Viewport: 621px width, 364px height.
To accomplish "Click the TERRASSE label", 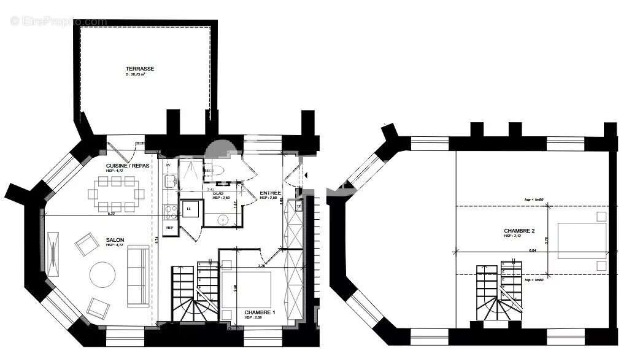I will tap(139, 69).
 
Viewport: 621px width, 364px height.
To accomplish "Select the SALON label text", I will tap(114, 240).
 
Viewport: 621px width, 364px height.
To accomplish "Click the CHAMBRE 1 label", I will tap(260, 312).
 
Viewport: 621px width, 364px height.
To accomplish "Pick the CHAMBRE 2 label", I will tap(519, 231).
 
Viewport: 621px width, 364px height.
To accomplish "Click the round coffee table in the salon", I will tap(102, 274).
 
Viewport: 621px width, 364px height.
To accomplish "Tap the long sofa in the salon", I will tap(137, 276).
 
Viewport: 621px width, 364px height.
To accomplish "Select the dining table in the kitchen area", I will tap(116, 193).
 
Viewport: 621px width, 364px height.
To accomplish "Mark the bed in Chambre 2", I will tap(581, 241).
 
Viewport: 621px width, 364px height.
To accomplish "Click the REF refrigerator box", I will tap(169, 228).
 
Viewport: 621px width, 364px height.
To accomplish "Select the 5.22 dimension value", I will tap(111, 214).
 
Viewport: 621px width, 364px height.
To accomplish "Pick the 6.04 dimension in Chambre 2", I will tap(515, 250).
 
